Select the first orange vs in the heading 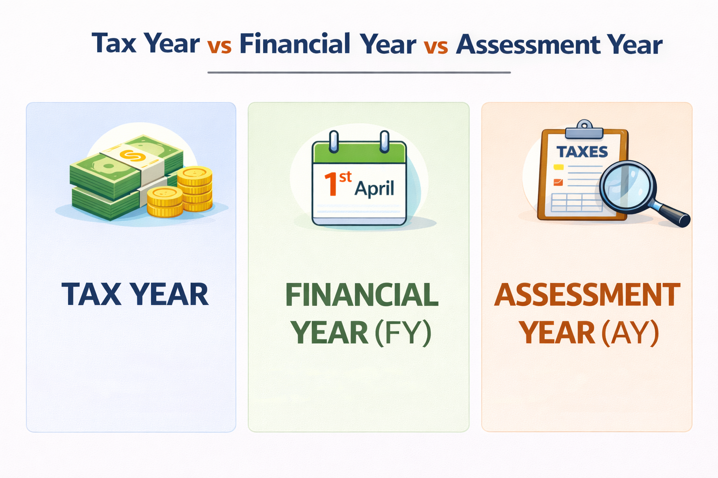click(x=219, y=47)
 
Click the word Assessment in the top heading click(x=528, y=45)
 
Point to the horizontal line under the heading click(x=359, y=73)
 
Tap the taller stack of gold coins click(x=195, y=189)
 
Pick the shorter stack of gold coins click(x=165, y=202)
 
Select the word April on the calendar click(x=374, y=188)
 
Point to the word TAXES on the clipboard click(x=582, y=152)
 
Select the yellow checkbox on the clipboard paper click(x=559, y=167)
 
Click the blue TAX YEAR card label click(x=135, y=295)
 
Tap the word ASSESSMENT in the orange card click(x=587, y=295)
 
